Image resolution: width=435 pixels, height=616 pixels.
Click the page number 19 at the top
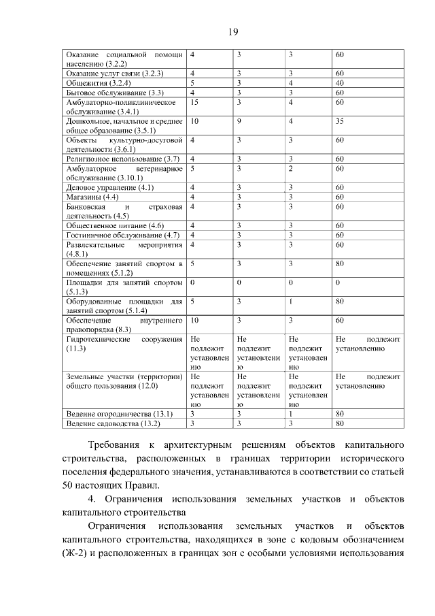[232, 32]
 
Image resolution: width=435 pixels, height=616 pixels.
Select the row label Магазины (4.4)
[91, 197]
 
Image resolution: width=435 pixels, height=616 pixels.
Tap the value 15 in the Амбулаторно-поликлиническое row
[194, 102]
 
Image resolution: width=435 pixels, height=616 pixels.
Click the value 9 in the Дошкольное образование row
[240, 120]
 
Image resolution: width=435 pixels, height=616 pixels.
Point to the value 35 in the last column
[339, 120]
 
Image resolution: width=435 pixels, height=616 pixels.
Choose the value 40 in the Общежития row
[339, 82]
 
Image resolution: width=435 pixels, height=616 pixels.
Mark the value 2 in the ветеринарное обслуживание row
[290, 167]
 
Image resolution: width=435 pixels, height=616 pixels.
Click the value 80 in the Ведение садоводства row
[339, 423]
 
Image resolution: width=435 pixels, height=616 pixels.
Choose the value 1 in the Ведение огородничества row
[290, 414]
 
